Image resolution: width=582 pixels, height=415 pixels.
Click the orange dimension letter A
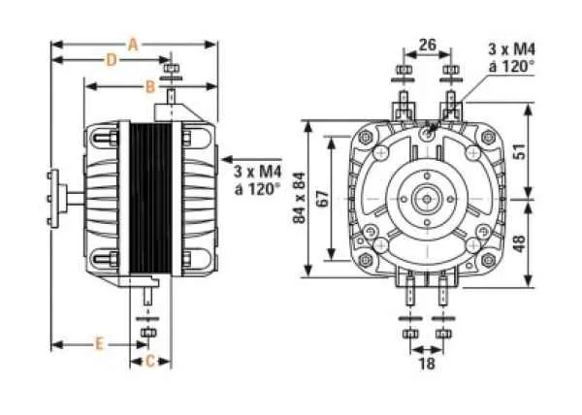pyautogui.click(x=133, y=44)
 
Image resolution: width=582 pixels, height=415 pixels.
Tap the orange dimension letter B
pyautogui.click(x=149, y=86)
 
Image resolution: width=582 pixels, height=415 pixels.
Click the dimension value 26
pyautogui.click(x=427, y=45)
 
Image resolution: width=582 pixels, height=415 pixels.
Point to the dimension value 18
pyautogui.click(x=425, y=363)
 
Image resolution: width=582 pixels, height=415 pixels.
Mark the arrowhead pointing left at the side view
pyautogui.click(x=226, y=155)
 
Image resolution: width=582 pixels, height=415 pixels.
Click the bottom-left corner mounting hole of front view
pyautogui.click(x=367, y=260)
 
